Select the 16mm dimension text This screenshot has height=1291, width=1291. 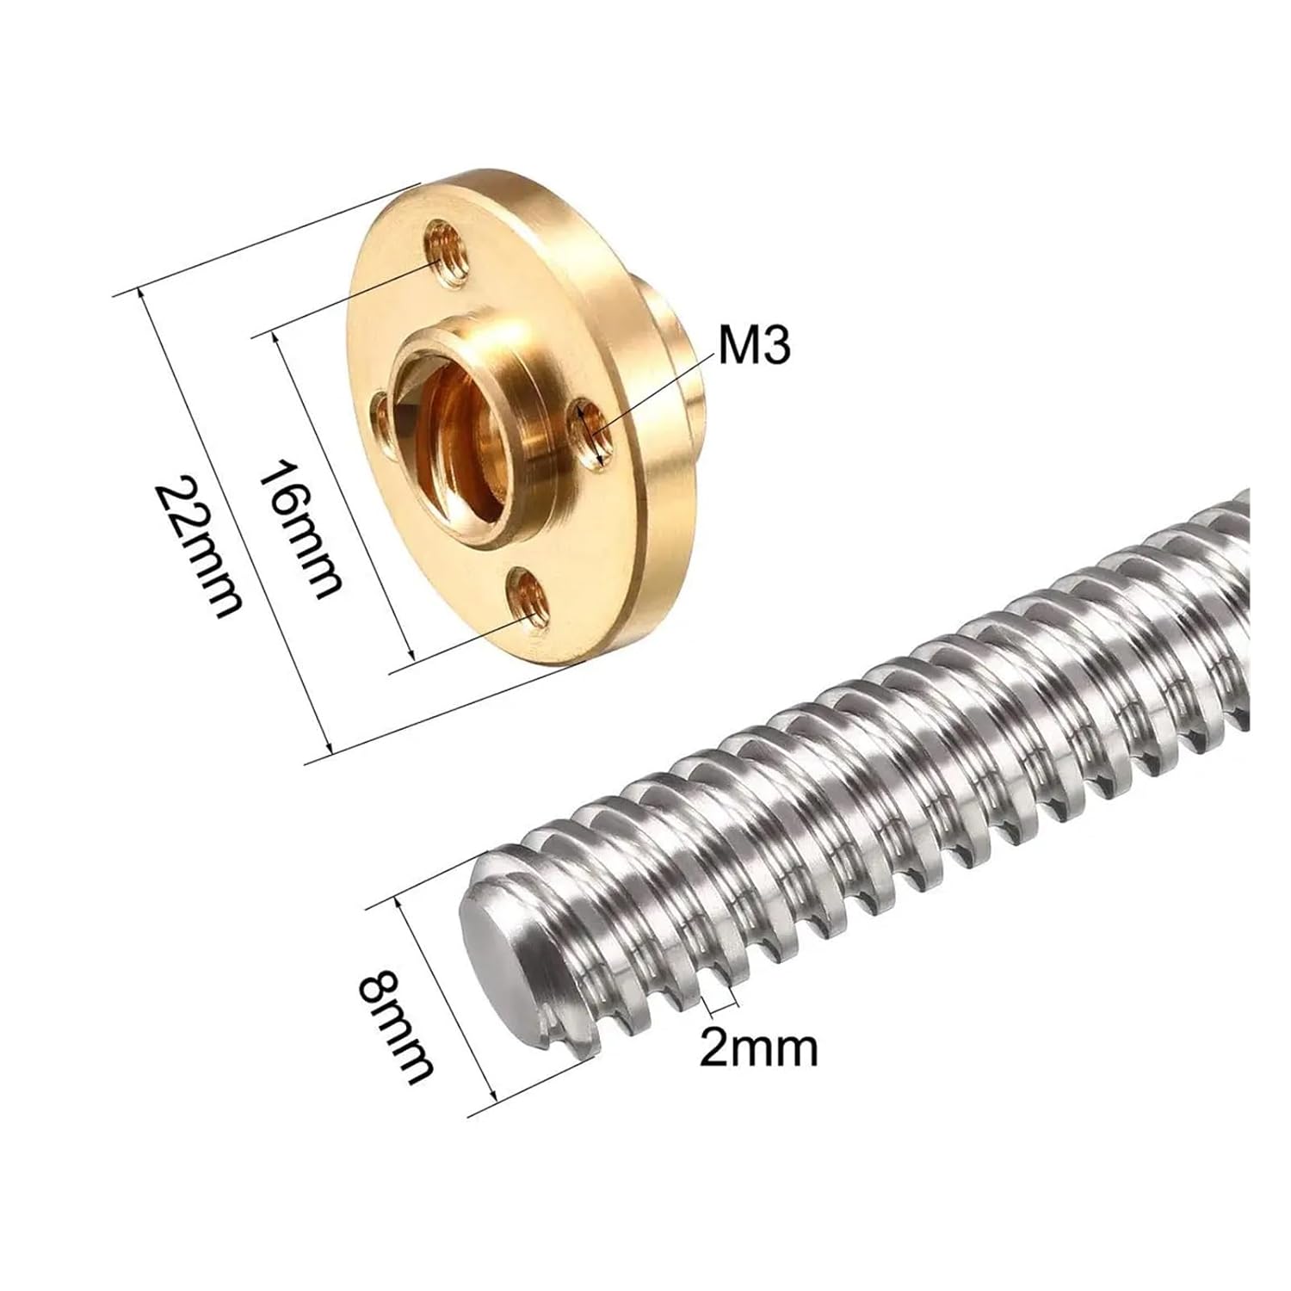click(x=301, y=529)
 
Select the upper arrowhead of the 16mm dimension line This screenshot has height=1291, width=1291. click(x=276, y=338)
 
